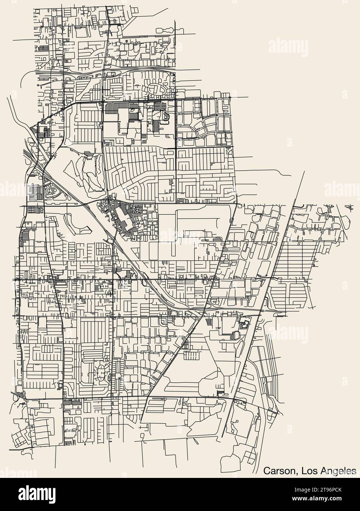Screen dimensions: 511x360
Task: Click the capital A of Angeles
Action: coord(321,471)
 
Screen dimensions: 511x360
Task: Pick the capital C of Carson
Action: coord(267,471)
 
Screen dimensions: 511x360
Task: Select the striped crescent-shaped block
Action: coord(166,117)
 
